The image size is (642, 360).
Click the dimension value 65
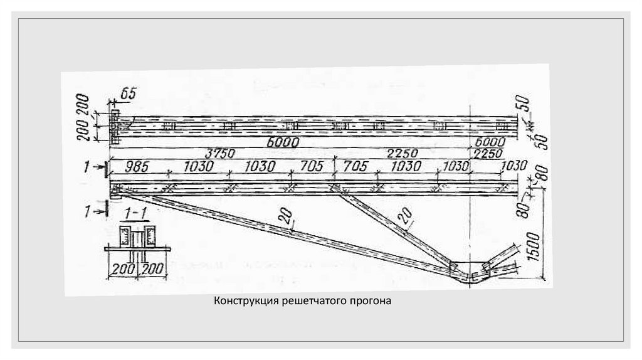127,94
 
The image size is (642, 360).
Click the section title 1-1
137,214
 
